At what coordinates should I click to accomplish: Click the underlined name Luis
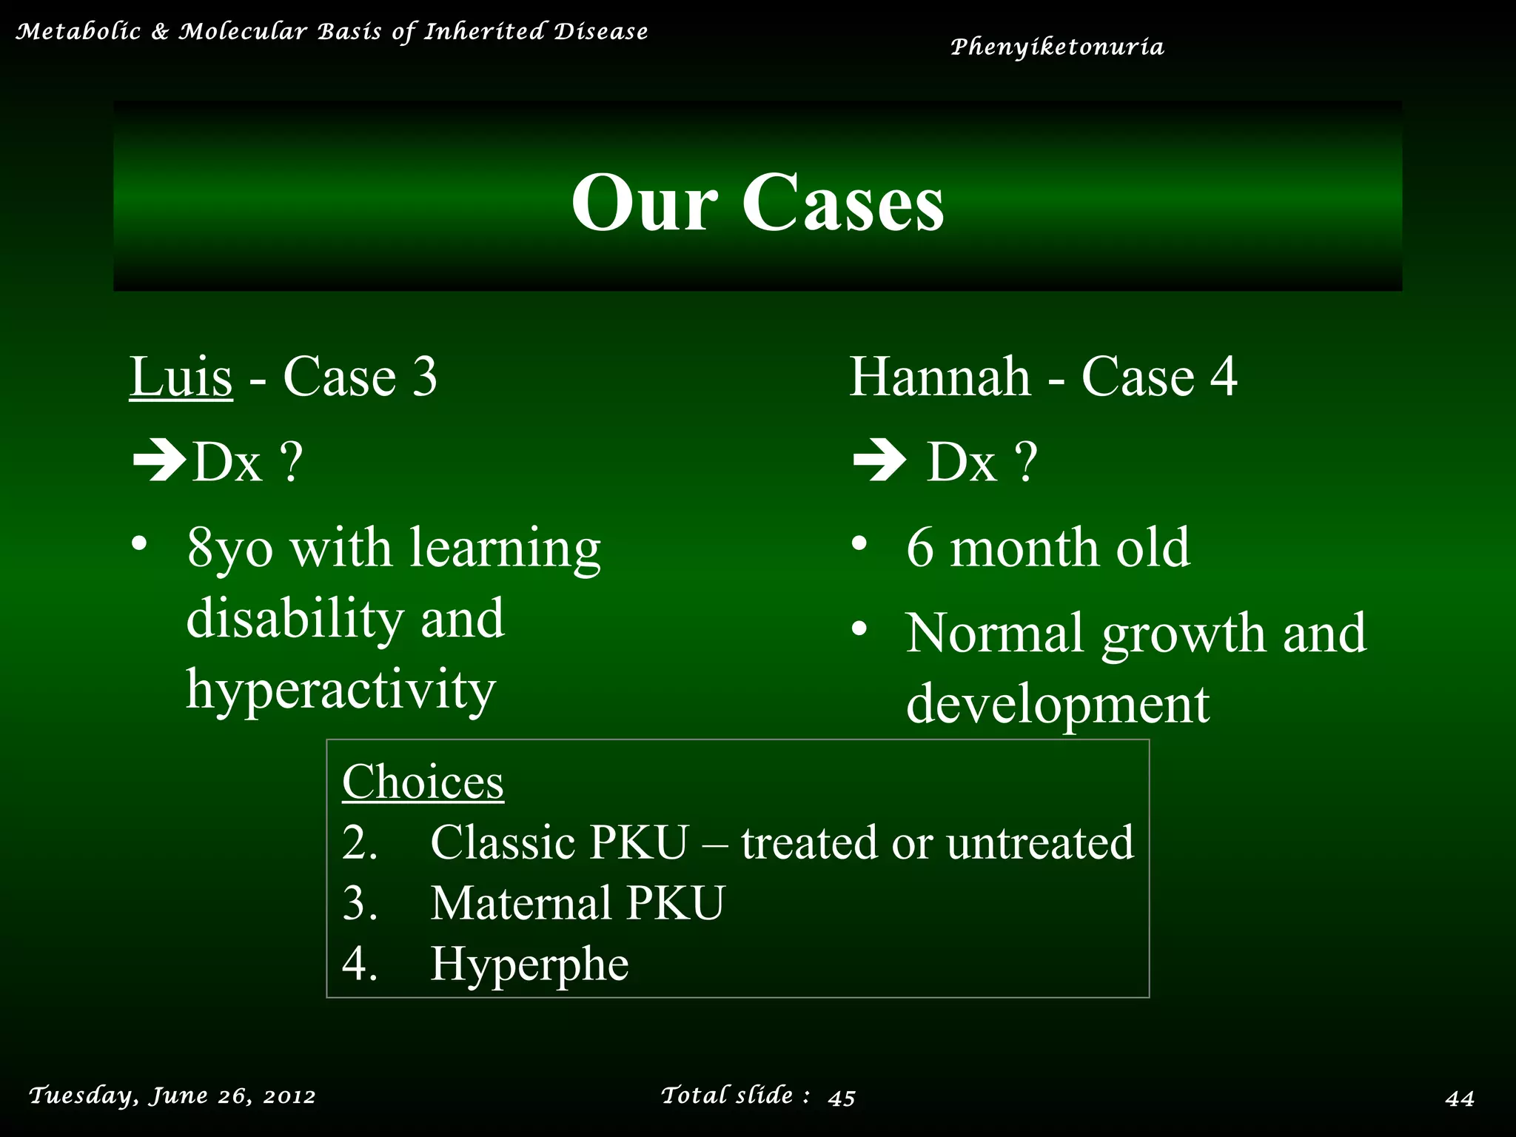pyautogui.click(x=181, y=377)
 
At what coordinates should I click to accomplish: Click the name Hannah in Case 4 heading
pyautogui.click(x=940, y=377)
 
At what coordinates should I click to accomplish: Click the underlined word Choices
pyautogui.click(x=423, y=782)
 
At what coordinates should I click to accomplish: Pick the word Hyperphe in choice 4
pyautogui.click(x=529, y=965)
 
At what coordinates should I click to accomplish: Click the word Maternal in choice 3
pyautogui.click(x=521, y=903)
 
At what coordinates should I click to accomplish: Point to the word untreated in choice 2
pyautogui.click(x=1039, y=842)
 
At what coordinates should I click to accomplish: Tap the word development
pyautogui.click(x=1058, y=703)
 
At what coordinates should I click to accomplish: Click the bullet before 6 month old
pyautogui.click(x=859, y=544)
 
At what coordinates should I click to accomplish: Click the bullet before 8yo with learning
pyautogui.click(x=139, y=544)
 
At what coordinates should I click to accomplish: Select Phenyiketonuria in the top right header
pyautogui.click(x=1057, y=47)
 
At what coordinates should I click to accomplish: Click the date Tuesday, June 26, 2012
pyautogui.click(x=172, y=1096)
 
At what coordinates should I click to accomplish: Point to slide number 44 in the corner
pyautogui.click(x=1460, y=1098)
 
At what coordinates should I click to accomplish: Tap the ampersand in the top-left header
pyautogui.click(x=159, y=32)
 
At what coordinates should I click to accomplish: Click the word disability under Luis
pyautogui.click(x=295, y=619)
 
